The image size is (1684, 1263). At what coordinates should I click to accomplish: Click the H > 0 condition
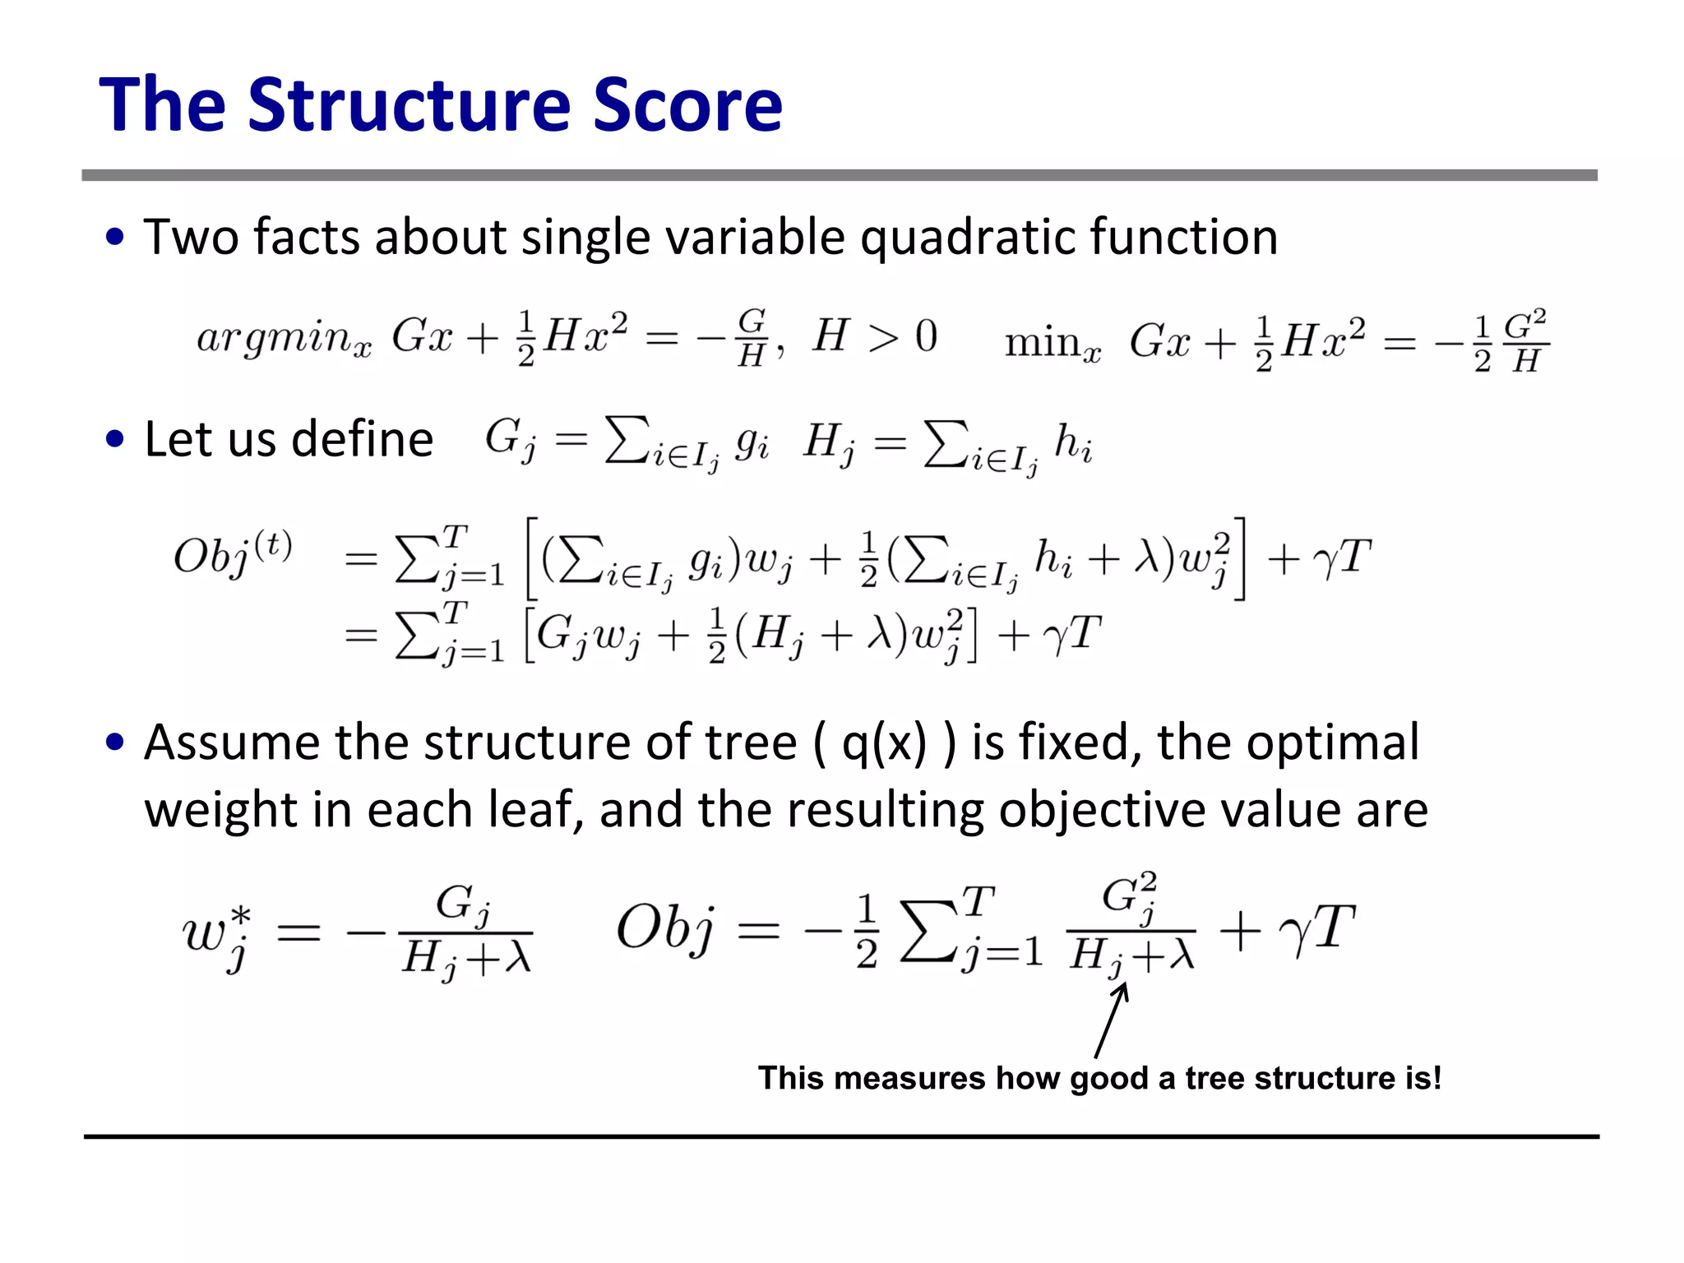pyautogui.click(x=875, y=336)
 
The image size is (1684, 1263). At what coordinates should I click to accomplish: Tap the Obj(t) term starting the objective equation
pyautogui.click(x=233, y=553)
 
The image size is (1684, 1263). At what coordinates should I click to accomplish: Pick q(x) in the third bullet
pyautogui.click(x=883, y=743)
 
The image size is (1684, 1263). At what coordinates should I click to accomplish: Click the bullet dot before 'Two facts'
pyautogui.click(x=115, y=237)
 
